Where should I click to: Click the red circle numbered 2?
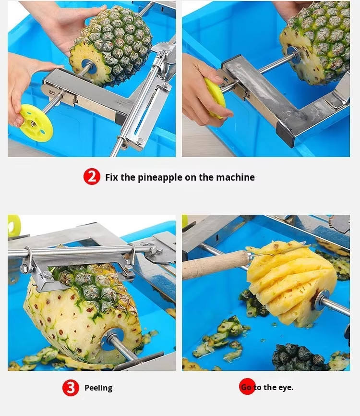click(x=92, y=176)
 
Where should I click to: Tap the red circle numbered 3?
click(x=71, y=388)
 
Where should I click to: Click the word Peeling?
click(x=98, y=388)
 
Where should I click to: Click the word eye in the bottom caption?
click(x=286, y=387)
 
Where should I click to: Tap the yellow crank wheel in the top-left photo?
click(x=36, y=123)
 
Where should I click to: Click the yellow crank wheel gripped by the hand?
click(x=214, y=97)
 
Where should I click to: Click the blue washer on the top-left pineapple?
click(x=89, y=67)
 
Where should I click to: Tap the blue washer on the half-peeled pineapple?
click(x=112, y=339)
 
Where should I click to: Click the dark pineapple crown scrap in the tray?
click(x=299, y=357)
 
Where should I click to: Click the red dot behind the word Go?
click(x=247, y=386)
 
